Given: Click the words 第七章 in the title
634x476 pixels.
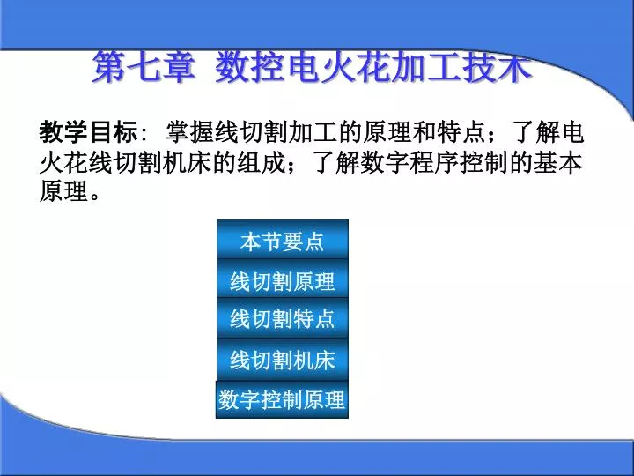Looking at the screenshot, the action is pos(144,66).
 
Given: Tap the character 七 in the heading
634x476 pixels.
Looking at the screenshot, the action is pos(144,66).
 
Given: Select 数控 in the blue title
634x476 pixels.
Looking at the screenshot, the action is pos(250,66).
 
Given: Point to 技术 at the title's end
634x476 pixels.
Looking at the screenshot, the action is pos(498,66).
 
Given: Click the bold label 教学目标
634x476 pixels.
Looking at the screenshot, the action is pos(89,131).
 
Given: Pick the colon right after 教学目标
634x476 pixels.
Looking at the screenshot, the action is pos(144,134).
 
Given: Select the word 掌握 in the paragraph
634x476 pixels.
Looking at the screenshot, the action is pos(190,131).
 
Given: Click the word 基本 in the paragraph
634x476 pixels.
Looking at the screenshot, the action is pos(558,162).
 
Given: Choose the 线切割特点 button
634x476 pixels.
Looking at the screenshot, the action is pos(283,318).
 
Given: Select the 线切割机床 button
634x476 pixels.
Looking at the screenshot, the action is pos(283,360).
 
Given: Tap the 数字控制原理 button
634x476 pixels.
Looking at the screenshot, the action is pos(283,399).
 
